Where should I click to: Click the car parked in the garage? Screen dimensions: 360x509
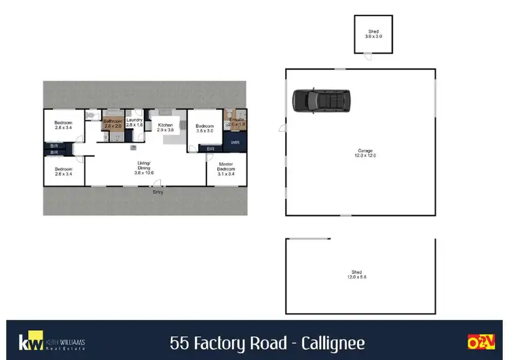pyautogui.click(x=322, y=101)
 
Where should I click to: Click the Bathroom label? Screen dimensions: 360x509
pyautogui.click(x=112, y=124)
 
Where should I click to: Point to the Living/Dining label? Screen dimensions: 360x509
pyautogui.click(x=144, y=168)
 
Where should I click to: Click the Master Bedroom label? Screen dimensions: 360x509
pyautogui.click(x=226, y=168)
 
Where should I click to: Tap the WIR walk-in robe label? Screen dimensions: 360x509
pyautogui.click(x=235, y=143)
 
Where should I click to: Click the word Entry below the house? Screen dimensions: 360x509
pyautogui.click(x=158, y=192)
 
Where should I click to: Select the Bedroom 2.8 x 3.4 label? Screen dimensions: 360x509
pyautogui.click(x=63, y=125)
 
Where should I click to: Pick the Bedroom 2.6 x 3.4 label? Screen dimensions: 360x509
pyautogui.click(x=63, y=171)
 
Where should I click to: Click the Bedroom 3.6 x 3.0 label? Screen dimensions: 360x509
pyautogui.click(x=205, y=128)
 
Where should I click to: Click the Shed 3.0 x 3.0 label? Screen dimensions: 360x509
pyautogui.click(x=373, y=33)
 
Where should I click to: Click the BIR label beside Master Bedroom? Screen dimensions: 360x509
pyautogui.click(x=210, y=149)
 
